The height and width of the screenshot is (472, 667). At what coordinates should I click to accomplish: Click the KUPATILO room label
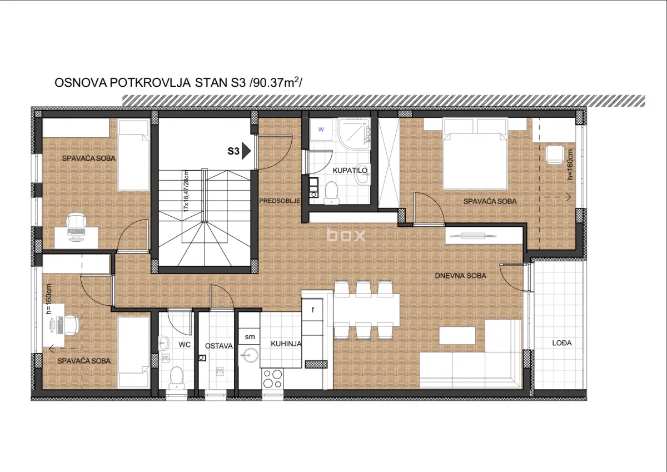(350, 171)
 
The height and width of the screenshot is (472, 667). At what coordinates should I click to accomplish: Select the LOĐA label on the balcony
(562, 344)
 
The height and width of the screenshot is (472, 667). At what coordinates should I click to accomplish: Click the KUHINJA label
(286, 344)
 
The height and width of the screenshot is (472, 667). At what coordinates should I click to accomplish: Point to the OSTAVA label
(218, 346)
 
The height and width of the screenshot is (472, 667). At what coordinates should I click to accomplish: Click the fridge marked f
(313, 310)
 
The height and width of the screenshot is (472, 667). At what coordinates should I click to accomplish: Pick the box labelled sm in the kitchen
(250, 336)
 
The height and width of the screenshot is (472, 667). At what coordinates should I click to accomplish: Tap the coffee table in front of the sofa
(457, 335)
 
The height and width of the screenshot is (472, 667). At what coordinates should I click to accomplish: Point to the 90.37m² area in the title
(276, 83)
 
